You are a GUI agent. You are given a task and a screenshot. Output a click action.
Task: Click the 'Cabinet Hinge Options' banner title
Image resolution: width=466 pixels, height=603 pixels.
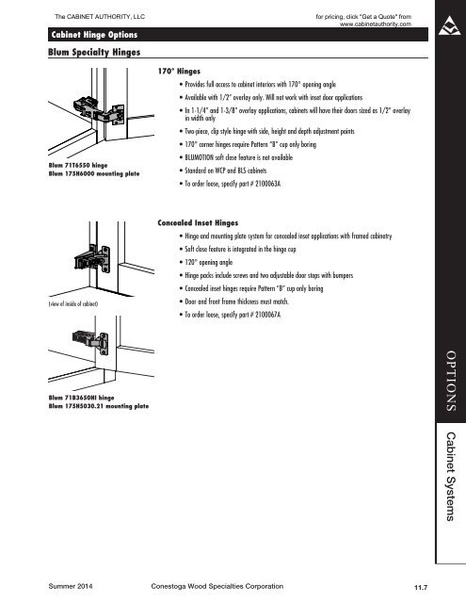(94, 35)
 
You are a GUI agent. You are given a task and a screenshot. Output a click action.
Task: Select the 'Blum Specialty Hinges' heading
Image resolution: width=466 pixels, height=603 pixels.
(94, 52)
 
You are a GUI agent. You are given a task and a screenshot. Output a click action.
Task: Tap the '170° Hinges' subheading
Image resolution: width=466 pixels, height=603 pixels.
(179, 72)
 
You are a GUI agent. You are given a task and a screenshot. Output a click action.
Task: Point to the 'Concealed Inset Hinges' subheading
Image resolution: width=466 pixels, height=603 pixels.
(198, 223)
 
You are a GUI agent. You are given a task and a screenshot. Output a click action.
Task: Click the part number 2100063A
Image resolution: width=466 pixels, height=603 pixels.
(267, 184)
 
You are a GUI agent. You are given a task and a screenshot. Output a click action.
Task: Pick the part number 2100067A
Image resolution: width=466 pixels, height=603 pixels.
(267, 315)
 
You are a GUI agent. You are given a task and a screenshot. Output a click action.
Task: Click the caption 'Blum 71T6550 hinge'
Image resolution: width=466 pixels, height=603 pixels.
(78, 166)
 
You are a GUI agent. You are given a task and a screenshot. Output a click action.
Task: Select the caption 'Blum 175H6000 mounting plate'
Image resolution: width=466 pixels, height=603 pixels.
(94, 173)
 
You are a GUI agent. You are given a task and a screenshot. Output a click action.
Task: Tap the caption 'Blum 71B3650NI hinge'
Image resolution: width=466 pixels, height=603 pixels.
(82, 398)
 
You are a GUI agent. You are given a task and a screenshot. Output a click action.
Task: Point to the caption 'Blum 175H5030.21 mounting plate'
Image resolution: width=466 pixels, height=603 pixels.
(99, 406)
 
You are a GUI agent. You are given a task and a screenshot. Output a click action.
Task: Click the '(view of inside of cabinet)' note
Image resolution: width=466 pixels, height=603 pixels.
(73, 303)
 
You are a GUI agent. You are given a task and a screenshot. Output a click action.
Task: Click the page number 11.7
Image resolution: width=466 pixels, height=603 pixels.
(421, 587)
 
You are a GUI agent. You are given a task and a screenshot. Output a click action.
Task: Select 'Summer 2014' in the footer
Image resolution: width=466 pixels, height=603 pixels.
(71, 586)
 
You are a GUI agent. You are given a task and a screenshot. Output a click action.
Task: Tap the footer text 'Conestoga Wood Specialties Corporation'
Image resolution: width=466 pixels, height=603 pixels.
(217, 586)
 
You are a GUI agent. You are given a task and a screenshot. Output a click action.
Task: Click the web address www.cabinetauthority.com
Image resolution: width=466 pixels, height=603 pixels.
(376, 24)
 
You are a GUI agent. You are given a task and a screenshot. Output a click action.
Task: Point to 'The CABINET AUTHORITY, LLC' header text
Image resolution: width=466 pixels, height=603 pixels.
(100, 17)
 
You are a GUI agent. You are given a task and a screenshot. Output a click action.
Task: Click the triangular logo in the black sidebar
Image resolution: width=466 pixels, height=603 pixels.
(449, 26)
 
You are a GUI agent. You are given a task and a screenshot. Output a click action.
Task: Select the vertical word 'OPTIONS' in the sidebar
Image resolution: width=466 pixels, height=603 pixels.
(451, 381)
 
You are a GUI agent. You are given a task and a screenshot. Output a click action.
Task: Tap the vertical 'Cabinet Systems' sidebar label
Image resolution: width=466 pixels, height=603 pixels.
(451, 476)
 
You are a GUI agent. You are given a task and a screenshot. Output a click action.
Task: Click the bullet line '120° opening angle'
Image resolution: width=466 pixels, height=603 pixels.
(209, 262)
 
